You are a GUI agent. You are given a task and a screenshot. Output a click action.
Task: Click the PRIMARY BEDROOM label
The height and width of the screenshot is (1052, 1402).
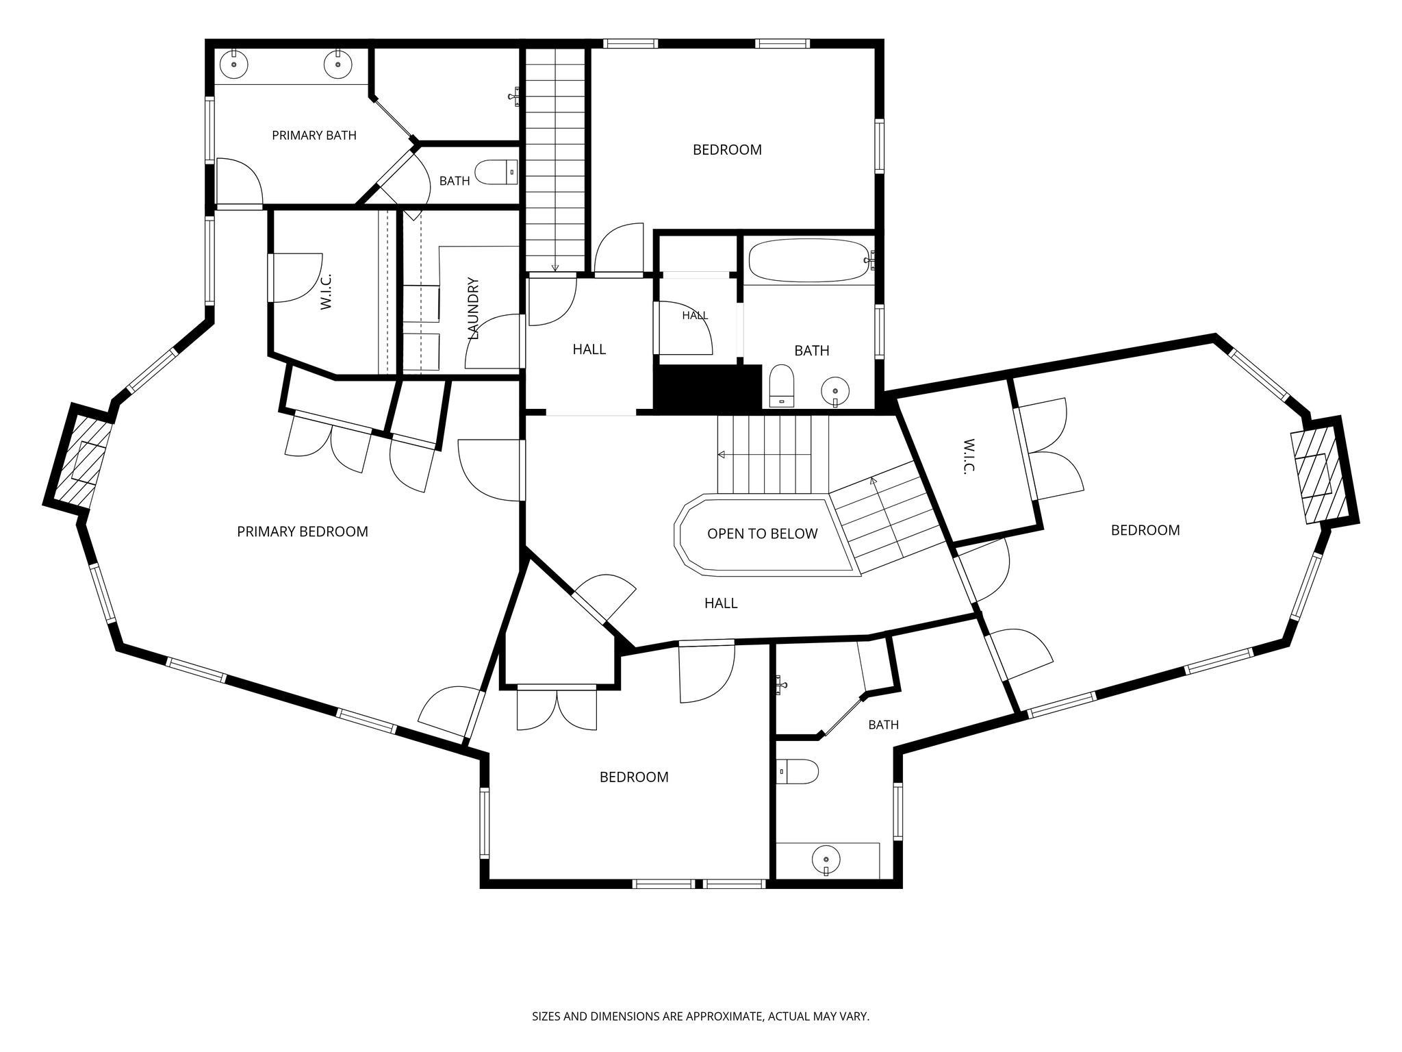click(x=303, y=531)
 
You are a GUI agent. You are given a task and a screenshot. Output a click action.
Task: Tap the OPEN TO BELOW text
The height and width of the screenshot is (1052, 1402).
click(x=762, y=534)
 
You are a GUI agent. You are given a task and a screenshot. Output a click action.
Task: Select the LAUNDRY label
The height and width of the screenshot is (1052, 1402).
click(x=473, y=309)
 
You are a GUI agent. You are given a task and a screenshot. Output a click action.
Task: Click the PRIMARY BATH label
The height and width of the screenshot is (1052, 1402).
click(x=314, y=136)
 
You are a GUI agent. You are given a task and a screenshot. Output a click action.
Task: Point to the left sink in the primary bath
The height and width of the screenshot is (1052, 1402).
click(x=234, y=64)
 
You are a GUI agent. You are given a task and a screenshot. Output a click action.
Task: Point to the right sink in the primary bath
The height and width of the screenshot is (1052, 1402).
click(x=337, y=64)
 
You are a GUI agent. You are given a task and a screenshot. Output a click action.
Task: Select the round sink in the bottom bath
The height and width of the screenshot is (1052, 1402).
click(x=826, y=858)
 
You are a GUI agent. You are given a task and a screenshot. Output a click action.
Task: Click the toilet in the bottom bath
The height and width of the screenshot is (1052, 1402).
click(x=798, y=772)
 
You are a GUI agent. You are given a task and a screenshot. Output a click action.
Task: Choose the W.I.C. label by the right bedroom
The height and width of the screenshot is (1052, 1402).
click(x=968, y=457)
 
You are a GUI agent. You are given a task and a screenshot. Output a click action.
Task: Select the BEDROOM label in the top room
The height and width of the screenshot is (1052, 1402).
click(x=727, y=150)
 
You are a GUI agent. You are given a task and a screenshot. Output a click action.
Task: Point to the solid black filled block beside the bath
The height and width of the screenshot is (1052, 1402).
click(x=709, y=388)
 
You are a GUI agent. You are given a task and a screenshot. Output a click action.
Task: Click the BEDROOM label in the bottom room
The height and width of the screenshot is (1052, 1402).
click(x=634, y=777)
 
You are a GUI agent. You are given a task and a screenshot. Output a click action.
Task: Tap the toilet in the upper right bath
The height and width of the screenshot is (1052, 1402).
click(x=781, y=386)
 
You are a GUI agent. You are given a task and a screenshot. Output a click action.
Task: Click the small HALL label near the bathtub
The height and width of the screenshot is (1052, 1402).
click(x=695, y=316)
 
